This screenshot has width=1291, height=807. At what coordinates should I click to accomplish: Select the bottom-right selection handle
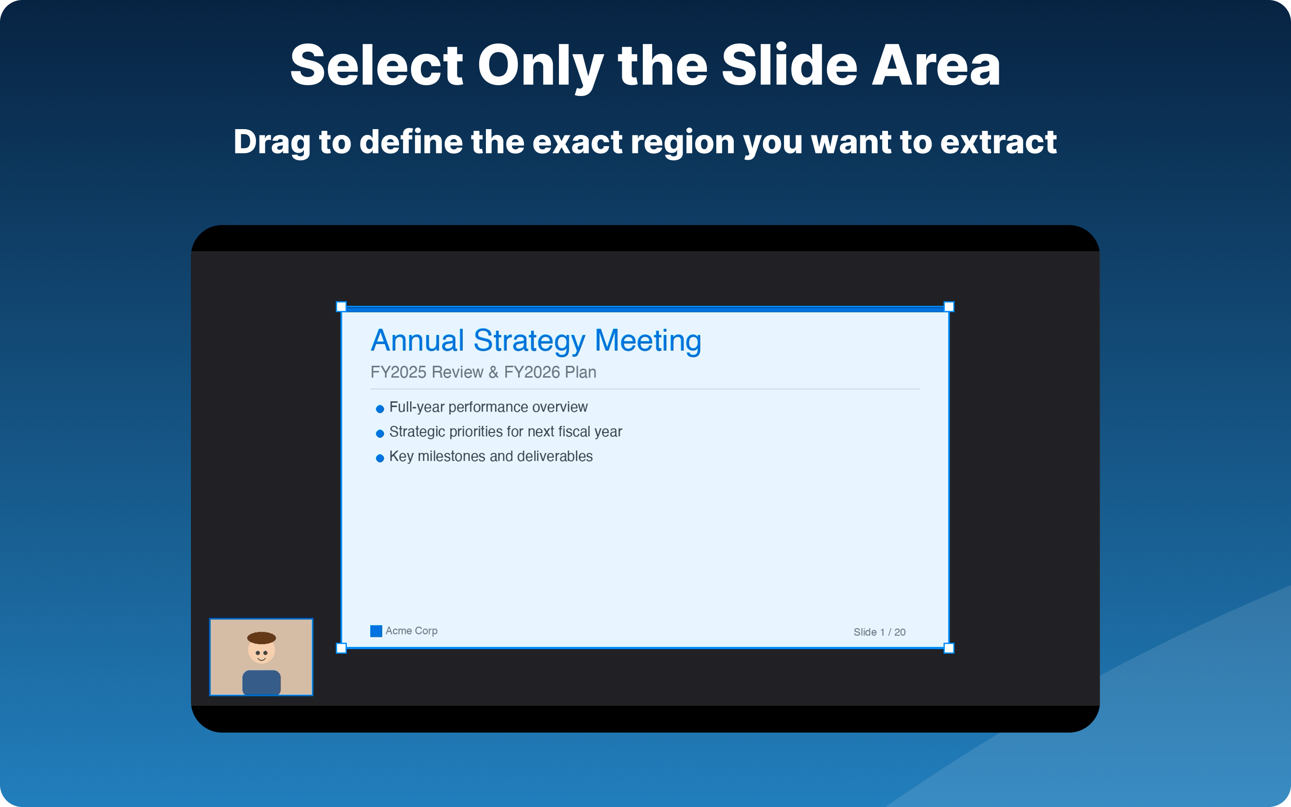949,648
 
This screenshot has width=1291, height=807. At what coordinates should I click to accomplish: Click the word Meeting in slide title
648,341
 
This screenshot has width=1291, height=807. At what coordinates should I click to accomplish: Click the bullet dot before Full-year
380,409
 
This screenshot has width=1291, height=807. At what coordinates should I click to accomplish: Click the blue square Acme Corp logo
376,631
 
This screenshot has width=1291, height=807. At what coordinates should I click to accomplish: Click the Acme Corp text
412,631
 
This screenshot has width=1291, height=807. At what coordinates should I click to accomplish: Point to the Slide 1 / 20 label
879,632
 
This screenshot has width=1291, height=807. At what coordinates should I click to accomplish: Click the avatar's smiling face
261,653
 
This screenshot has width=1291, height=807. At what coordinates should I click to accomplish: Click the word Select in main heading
376,65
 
